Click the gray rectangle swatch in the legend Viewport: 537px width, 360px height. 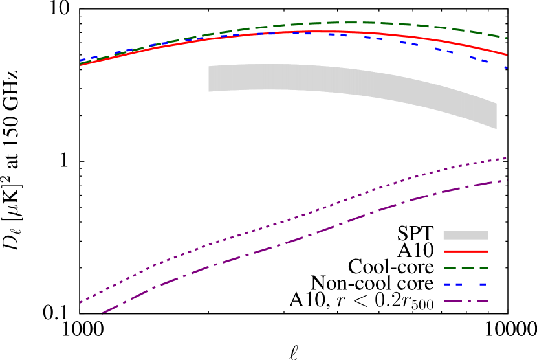tap(465, 235)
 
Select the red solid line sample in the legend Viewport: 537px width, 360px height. tap(465, 251)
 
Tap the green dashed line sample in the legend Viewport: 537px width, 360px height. tap(465, 267)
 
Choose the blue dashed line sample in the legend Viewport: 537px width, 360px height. tap(465, 284)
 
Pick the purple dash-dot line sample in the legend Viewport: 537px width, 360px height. tap(465, 301)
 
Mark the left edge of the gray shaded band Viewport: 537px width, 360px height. tap(209, 78)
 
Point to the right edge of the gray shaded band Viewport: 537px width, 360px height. tap(496, 116)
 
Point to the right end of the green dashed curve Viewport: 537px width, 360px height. tap(507, 38)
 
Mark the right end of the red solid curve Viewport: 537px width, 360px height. tap(507, 54)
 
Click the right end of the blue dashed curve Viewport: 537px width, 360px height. tap(507, 67)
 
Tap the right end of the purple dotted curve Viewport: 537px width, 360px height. tap(507, 158)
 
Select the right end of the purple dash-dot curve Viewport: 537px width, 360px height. tap(507, 180)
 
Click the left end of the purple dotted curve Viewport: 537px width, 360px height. tap(81, 302)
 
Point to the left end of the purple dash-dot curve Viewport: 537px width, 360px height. tap(102, 315)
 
